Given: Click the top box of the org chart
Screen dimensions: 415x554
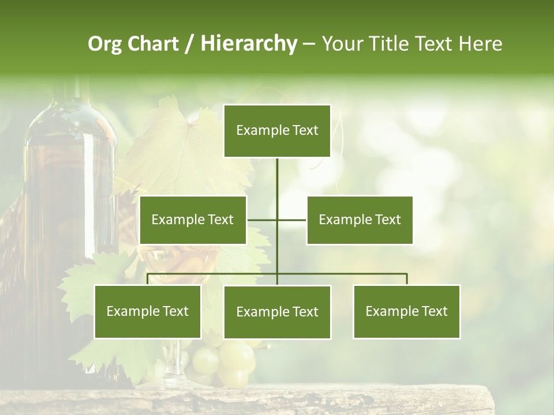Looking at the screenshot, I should [277, 131].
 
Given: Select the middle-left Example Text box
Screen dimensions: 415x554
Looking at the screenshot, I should [193, 220].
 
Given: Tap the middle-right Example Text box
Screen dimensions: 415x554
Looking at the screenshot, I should [360, 220].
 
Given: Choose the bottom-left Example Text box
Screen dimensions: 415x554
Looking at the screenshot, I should [147, 311].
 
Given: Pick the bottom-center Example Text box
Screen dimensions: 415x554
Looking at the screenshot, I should [277, 312].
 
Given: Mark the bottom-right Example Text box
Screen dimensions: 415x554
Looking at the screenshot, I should [406, 311].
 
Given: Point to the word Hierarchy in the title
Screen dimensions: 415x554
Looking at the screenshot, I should [249, 44].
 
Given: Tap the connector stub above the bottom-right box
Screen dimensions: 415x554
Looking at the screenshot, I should [406, 279].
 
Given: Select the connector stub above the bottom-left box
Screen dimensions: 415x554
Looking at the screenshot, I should [148, 279].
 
